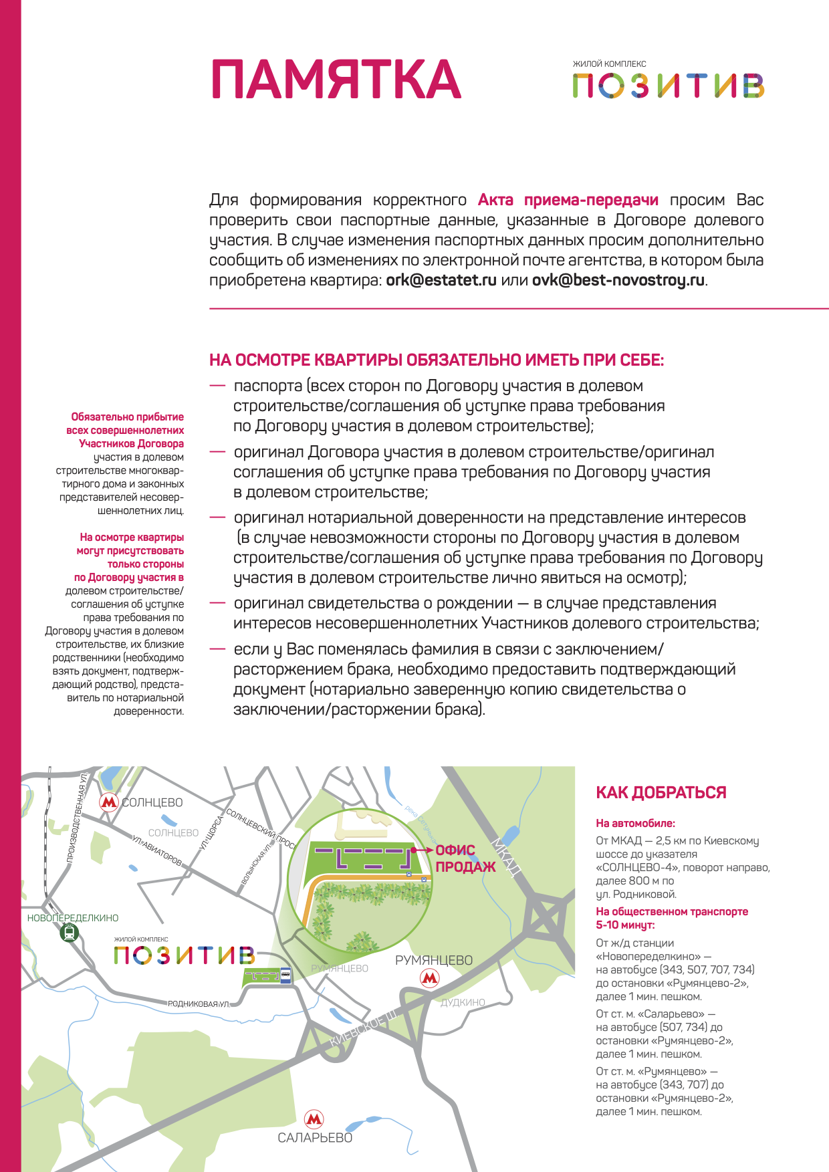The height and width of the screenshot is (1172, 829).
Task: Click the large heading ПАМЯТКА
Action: pos(336,80)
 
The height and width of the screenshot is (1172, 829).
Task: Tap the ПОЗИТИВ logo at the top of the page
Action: pos(668,86)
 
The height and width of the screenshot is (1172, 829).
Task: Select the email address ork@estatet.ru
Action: pos(441,280)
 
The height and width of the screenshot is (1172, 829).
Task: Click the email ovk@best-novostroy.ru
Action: pos(618,280)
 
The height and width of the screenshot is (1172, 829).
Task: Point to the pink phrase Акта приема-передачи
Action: pos(568,200)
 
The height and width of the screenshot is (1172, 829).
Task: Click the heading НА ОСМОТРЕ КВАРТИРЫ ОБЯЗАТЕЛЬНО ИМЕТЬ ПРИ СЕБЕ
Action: pos(437,360)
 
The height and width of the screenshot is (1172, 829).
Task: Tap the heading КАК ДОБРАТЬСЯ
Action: pos(661,793)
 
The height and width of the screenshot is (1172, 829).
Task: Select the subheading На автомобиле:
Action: pos(635,824)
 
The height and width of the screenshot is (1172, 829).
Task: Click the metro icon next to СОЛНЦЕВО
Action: pos(109,802)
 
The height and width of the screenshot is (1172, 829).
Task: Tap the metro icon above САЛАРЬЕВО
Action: pos(314,1119)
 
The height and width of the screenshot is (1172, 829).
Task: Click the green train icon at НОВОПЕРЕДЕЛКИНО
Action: pos(70,933)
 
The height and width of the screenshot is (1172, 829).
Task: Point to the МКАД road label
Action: pos(507,856)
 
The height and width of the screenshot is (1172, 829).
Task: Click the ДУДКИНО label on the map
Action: pos(463,1002)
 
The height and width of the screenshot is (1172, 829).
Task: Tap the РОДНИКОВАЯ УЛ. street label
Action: pos(199,1004)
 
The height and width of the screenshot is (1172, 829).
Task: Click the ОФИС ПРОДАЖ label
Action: pos(465,858)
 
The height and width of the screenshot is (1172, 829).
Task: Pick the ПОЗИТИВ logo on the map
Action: pos(184,955)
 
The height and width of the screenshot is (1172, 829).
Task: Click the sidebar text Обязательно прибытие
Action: pos(127,417)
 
